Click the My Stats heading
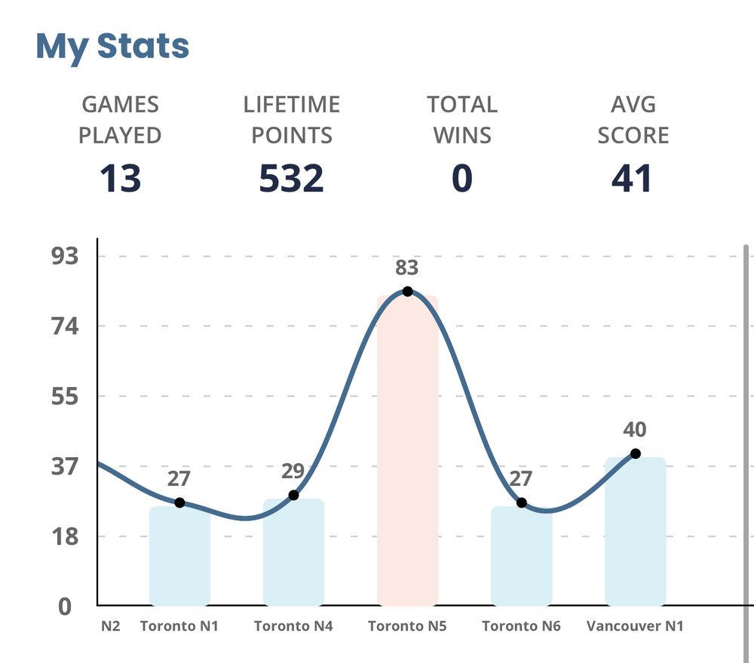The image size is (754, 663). pyautogui.click(x=112, y=46)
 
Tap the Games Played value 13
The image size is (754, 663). pyautogui.click(x=121, y=179)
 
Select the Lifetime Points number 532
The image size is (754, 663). pyautogui.click(x=291, y=179)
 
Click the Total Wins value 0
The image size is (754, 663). pyautogui.click(x=461, y=179)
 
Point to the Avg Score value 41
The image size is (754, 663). pyautogui.click(x=632, y=179)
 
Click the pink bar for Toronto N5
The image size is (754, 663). pyautogui.click(x=407, y=453)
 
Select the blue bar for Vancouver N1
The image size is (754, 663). pyautogui.click(x=635, y=532)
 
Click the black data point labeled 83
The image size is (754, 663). pyautogui.click(x=407, y=291)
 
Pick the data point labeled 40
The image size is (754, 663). pyautogui.click(x=636, y=453)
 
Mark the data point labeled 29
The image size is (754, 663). pyautogui.click(x=293, y=495)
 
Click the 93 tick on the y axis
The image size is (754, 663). pyautogui.click(x=64, y=256)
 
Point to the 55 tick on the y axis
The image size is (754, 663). pyautogui.click(x=64, y=397)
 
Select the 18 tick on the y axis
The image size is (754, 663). pyautogui.click(x=64, y=537)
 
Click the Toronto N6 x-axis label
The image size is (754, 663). pyautogui.click(x=521, y=626)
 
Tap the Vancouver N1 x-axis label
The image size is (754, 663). pyautogui.click(x=635, y=626)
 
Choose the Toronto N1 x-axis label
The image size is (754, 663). pyautogui.click(x=179, y=626)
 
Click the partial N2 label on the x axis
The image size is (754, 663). pyautogui.click(x=110, y=626)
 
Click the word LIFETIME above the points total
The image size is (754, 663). pyautogui.click(x=291, y=104)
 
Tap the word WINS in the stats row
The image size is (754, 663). pyautogui.click(x=461, y=136)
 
